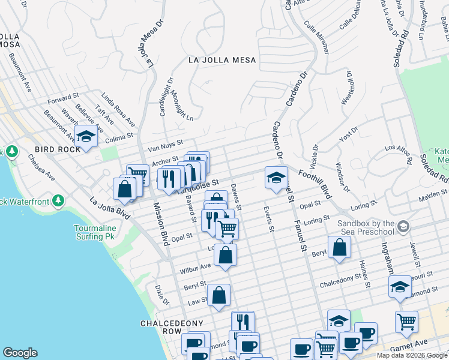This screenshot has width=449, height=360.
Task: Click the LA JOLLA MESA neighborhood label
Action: coord(222,60)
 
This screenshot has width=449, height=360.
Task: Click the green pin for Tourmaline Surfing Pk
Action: coord(58,200)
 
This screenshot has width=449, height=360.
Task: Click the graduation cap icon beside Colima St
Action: coord(86,137)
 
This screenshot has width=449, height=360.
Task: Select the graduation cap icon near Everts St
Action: coord(276,178)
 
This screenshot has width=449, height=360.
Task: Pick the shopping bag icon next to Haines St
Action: coord(339,247)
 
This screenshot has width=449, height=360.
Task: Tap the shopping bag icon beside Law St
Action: coord(219,295)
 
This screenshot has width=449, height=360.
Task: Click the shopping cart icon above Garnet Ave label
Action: coord(406,321)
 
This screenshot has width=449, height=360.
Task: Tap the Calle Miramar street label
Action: coord(316,38)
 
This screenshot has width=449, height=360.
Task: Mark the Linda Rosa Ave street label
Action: coord(118,110)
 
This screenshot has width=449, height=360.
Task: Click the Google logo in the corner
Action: coord(20,353)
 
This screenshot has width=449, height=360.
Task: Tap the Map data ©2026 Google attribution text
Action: coord(411,355)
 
